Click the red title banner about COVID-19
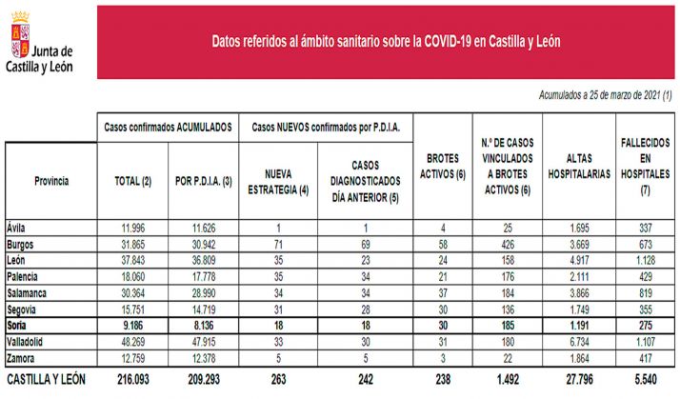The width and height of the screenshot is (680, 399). (385, 42)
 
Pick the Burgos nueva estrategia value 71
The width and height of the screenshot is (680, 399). (277, 244)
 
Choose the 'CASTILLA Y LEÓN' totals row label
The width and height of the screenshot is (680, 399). (46, 379)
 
